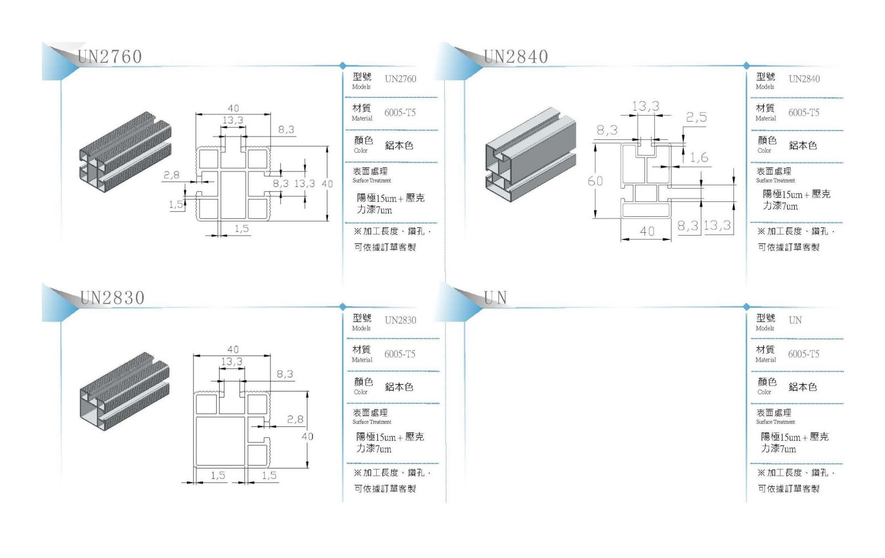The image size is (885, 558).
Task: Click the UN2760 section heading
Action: tap(110, 56)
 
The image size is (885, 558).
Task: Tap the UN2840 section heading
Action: tap(516, 56)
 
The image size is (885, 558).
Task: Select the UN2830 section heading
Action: tap(112, 298)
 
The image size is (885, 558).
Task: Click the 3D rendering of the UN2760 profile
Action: tap(126, 152)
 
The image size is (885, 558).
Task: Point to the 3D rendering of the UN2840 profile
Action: tap(530, 154)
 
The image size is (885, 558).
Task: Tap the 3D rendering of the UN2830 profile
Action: tap(125, 391)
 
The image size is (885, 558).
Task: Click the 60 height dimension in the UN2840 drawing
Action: tap(595, 181)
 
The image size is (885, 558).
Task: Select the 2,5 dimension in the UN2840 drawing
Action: tap(696, 117)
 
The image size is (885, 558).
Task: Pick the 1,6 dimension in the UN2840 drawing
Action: tap(699, 158)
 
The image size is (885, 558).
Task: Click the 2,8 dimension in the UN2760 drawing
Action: tap(171, 175)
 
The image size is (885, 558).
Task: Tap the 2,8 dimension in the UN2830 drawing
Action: tap(295, 419)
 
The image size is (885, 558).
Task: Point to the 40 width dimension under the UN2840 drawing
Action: tap(647, 231)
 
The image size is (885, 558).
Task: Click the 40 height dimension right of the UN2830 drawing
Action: tap(308, 436)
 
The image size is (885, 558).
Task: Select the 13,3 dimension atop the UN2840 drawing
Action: tap(645, 106)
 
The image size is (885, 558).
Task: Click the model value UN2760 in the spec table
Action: tap(400, 79)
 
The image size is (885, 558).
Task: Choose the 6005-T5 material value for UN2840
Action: tap(804, 113)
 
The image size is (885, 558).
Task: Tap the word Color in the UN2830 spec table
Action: tap(361, 392)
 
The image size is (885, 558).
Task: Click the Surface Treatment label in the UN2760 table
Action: tap(372, 180)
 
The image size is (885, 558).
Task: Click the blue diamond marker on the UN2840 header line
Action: tap(746, 65)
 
